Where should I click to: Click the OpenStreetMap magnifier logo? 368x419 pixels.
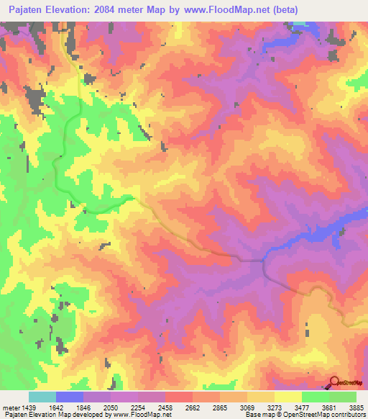click(x=334, y=383)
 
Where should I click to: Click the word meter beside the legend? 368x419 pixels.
click(x=10, y=407)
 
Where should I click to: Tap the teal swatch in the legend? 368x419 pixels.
click(x=42, y=397)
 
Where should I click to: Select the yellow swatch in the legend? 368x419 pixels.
click(x=288, y=397)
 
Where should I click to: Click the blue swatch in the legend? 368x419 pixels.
click(x=70, y=397)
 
